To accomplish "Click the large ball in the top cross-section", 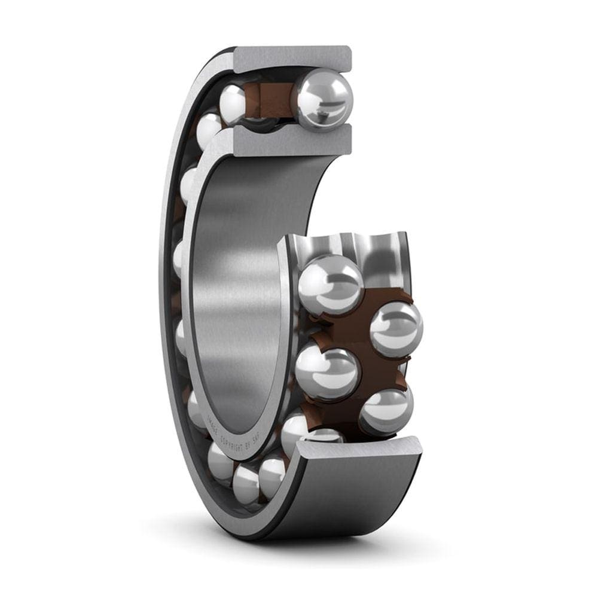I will pyautogui.click(x=325, y=99).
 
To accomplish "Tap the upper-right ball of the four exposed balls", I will pyautogui.click(x=396, y=329).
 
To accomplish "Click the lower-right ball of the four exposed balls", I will pyautogui.click(x=386, y=411).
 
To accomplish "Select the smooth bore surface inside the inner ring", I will pyautogui.click(x=239, y=287).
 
